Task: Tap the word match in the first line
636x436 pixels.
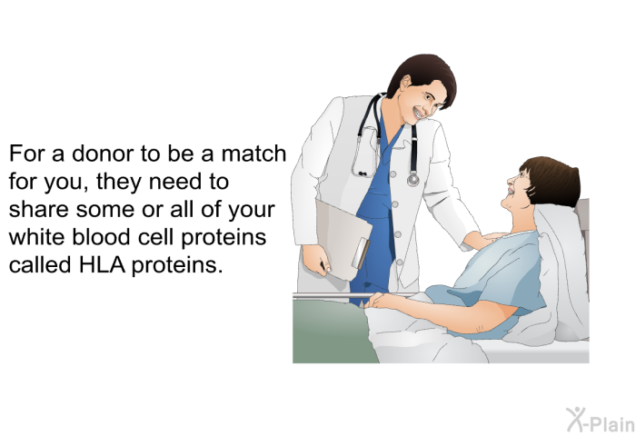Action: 253,154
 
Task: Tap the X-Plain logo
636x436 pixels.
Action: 601,420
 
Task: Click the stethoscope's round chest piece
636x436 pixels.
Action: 412,179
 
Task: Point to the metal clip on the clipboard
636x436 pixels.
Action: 361,253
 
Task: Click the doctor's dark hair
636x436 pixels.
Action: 422,77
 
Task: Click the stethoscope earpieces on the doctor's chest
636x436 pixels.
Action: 363,174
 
